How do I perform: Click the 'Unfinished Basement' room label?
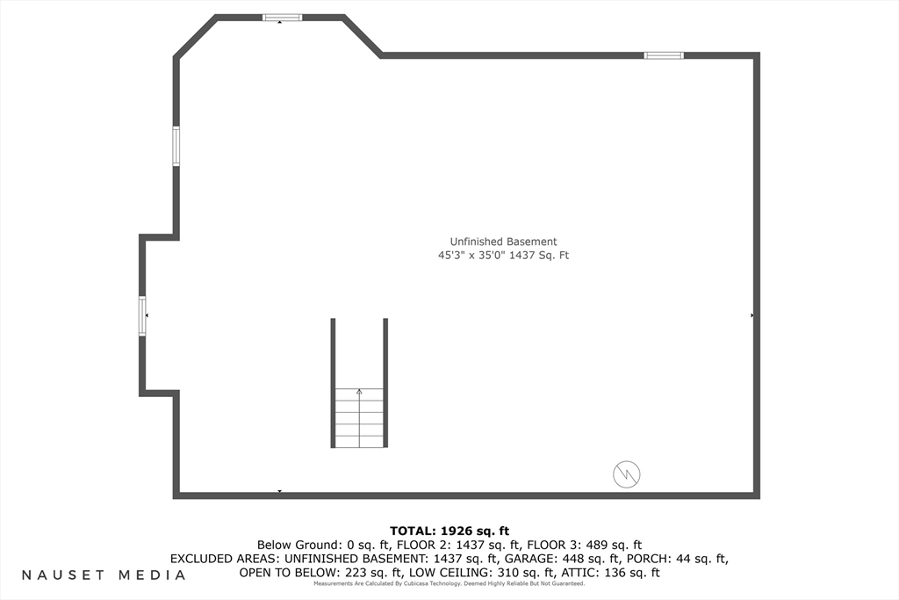pos(503,242)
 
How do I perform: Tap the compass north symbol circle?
pos(626,474)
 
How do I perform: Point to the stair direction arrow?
pos(358,392)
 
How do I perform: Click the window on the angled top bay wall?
pos(282,17)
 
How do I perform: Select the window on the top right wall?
pos(663,55)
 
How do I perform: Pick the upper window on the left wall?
pos(176,146)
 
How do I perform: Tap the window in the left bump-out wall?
pos(142,315)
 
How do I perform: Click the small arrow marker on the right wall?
pos(752,314)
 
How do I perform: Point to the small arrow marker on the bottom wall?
pos(279,491)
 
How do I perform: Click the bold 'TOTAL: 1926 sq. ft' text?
pos(449,531)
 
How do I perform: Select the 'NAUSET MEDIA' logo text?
pos(104,575)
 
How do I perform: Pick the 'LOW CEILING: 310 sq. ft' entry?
pos(492,573)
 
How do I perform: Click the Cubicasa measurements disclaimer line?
pos(449,583)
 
